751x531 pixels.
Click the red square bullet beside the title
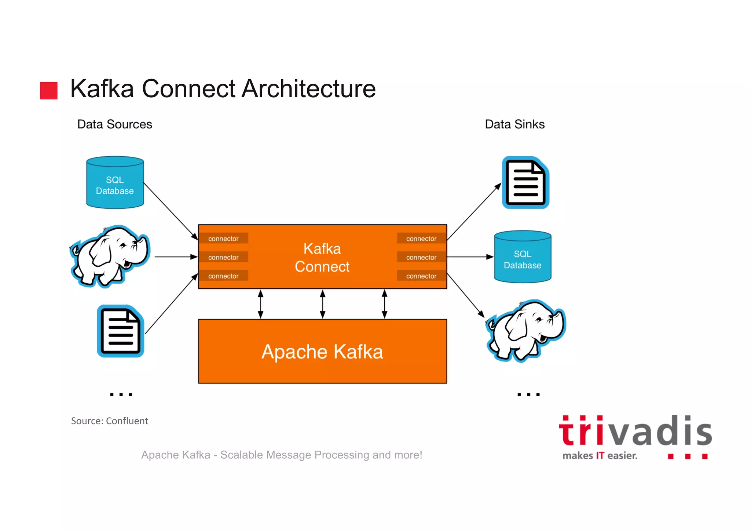tap(49, 90)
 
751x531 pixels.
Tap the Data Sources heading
tap(114, 124)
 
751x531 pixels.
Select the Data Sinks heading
tap(514, 124)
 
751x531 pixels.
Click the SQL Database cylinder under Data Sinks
tap(523, 257)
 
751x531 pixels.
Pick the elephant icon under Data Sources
tap(110, 256)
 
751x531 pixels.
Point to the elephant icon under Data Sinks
tap(526, 330)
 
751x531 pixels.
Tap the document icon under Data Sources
tap(121, 331)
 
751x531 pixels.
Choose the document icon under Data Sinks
tap(525, 183)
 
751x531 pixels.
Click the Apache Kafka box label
tap(322, 352)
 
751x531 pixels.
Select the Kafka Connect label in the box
tap(322, 258)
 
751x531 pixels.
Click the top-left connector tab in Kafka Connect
tap(223, 239)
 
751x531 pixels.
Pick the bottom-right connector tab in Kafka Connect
tap(421, 276)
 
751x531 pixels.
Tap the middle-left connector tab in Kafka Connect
tap(223, 257)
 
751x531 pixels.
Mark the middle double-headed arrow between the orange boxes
tap(323, 304)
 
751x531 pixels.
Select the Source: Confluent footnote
tap(109, 421)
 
